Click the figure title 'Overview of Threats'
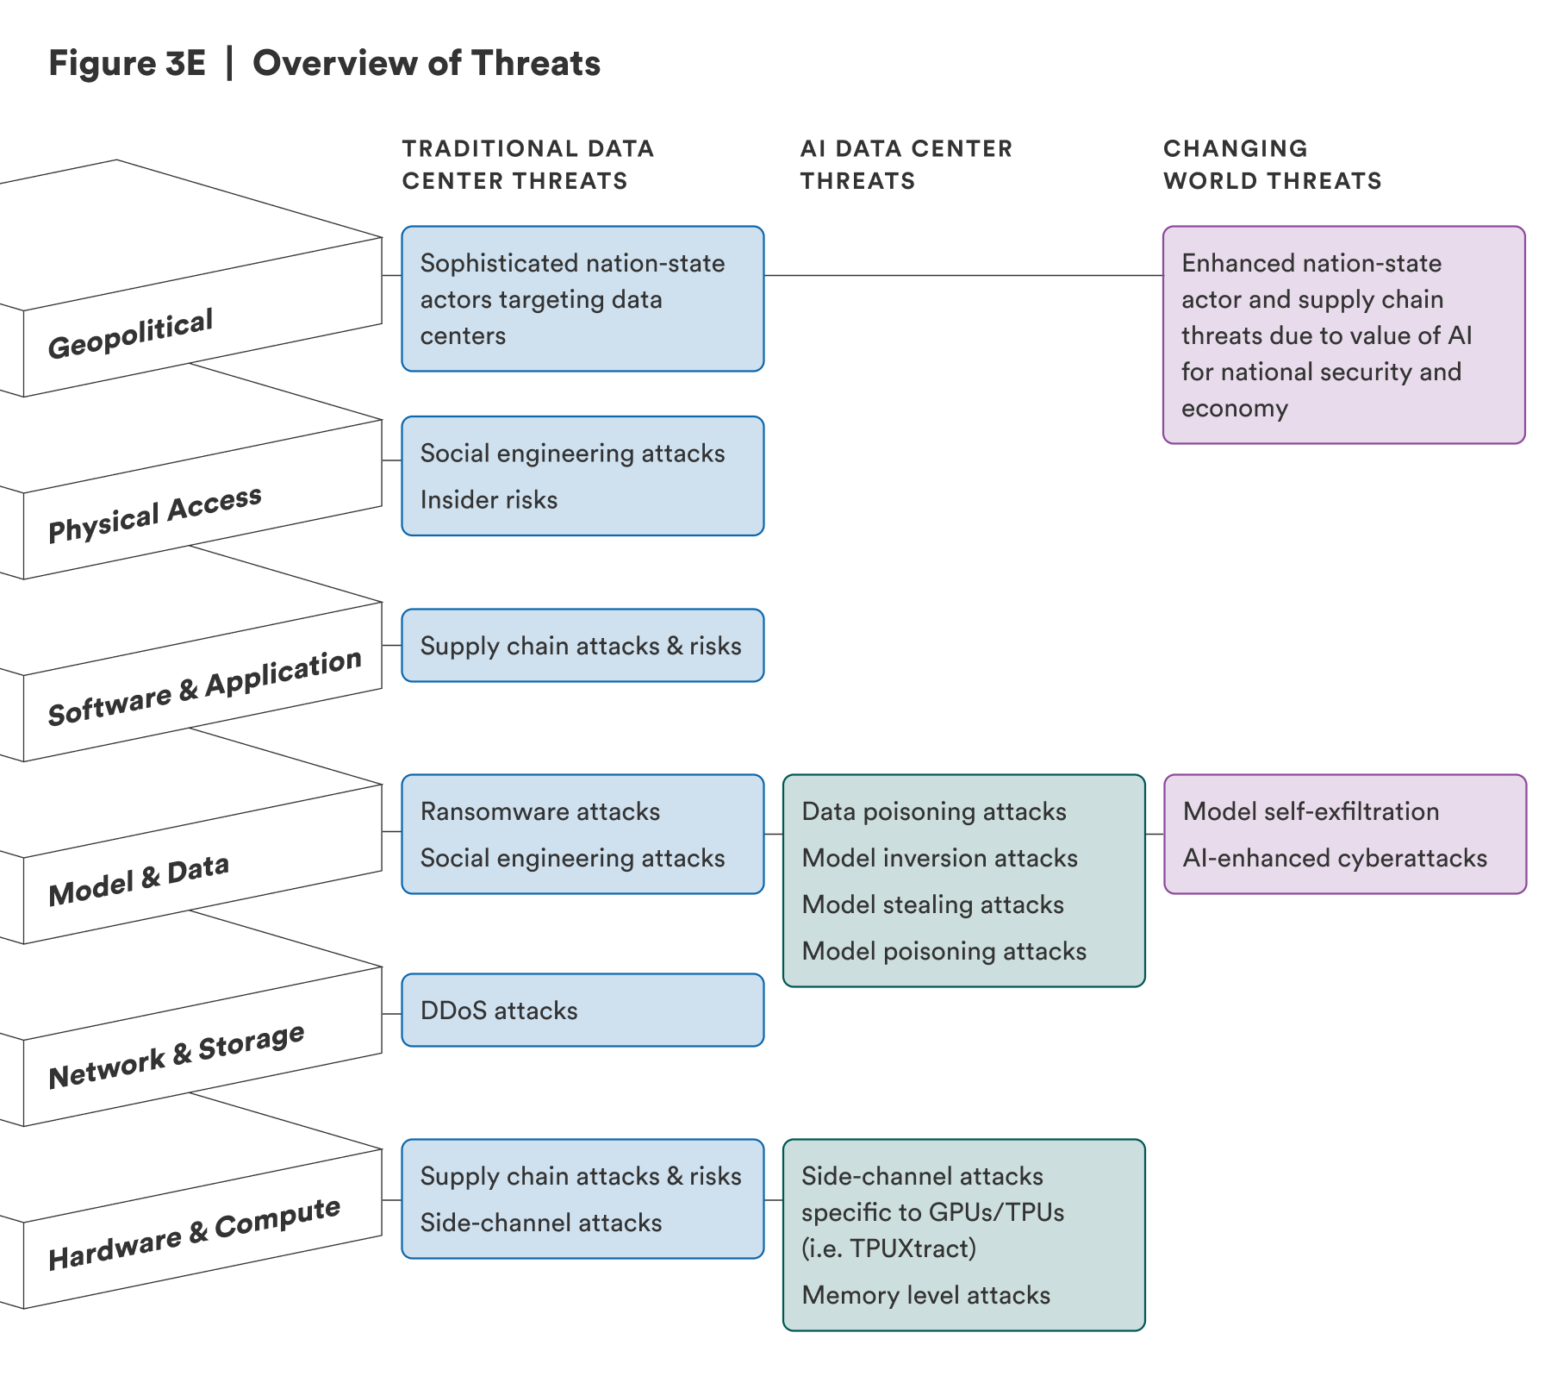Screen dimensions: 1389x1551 pyautogui.click(x=426, y=64)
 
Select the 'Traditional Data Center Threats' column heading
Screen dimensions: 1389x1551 pyautogui.click(x=527, y=165)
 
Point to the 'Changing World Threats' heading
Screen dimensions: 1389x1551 pyautogui.click(x=1271, y=165)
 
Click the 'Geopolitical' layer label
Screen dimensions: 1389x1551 pyautogui.click(x=130, y=335)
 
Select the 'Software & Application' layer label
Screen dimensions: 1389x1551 pyautogui.click(x=204, y=688)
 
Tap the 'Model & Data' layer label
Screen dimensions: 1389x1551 pyautogui.click(x=139, y=880)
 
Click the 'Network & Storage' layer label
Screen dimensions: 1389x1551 pyautogui.click(x=177, y=1057)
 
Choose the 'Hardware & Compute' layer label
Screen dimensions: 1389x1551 pyautogui.click(x=194, y=1235)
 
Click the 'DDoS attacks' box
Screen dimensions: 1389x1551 pyautogui.click(x=582, y=1010)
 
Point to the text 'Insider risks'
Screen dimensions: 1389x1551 pyautogui.click(x=489, y=500)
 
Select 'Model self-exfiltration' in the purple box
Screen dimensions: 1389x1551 pyautogui.click(x=1311, y=811)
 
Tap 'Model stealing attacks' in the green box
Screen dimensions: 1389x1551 pyautogui.click(x=932, y=904)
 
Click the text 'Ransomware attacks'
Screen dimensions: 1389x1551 pyautogui.click(x=540, y=811)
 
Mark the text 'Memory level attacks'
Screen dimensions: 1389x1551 pyautogui.click(x=925, y=1295)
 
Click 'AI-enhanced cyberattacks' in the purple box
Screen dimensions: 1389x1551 pyautogui.click(x=1335, y=858)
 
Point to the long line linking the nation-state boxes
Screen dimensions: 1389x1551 pyautogui.click(x=963, y=276)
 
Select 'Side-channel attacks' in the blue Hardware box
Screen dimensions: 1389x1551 pyautogui.click(x=541, y=1223)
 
